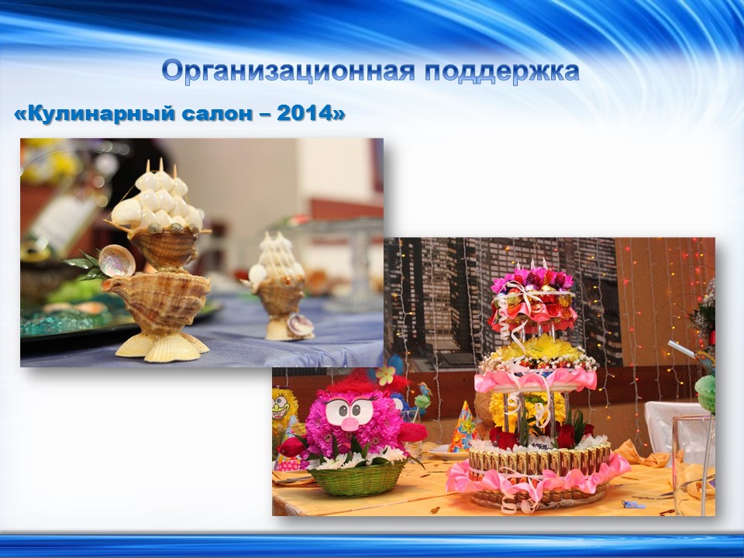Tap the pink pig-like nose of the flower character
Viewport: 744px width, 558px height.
350,423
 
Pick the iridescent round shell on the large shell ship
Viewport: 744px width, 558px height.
117,260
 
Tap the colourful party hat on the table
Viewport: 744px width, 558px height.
463,426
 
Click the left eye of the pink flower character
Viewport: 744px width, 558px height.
336,407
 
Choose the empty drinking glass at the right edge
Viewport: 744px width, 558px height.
694,465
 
